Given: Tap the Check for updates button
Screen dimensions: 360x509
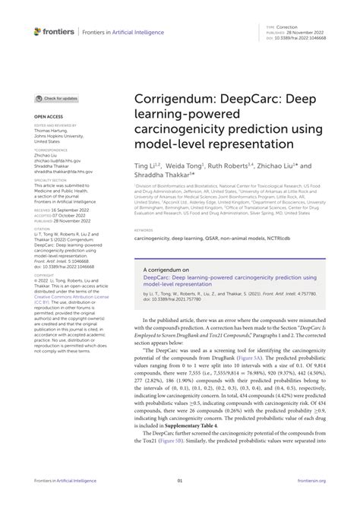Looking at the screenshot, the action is [x=56, y=99].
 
